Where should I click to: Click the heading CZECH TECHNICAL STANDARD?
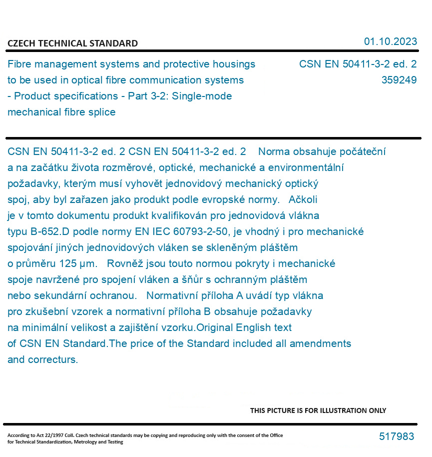[72, 43]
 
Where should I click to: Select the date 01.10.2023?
[390, 41]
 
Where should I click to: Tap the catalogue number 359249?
[399, 80]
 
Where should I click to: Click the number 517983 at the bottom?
[397, 436]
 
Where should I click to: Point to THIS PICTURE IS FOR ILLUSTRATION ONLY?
[318, 410]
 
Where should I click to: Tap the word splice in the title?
[101, 112]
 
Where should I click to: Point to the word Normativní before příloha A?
[173, 295]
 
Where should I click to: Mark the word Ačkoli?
[303, 199]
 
